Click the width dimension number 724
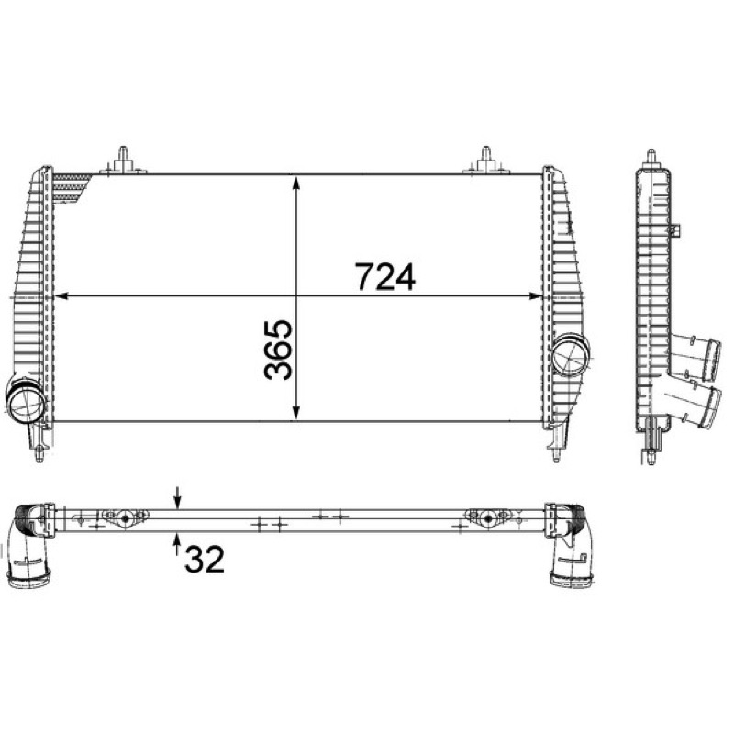tap(384, 277)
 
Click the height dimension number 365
tap(278, 350)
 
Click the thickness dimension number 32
tap(205, 560)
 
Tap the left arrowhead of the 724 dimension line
tap(62, 296)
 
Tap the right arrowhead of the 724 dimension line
tap(535, 296)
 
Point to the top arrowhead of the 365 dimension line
tap(295, 183)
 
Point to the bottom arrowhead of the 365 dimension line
tap(295, 413)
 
